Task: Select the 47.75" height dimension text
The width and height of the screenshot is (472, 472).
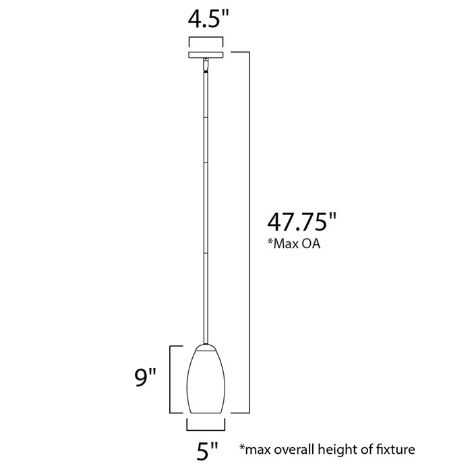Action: click(x=301, y=221)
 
